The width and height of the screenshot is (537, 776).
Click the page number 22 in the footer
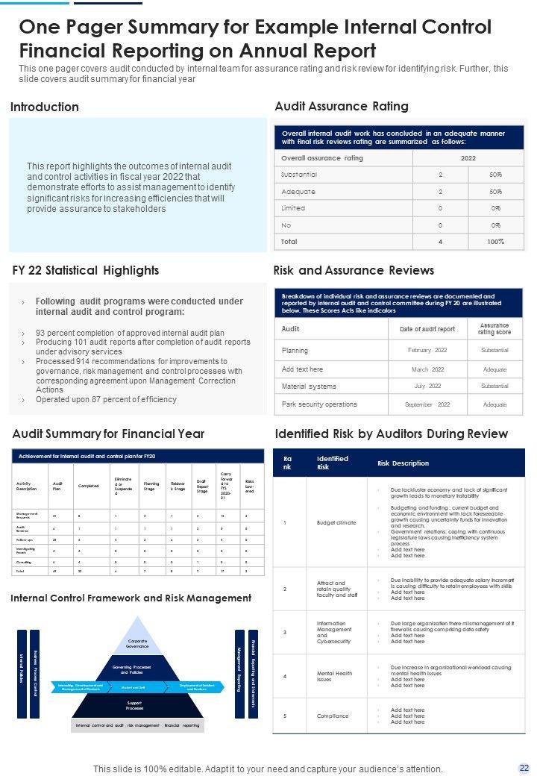(524, 767)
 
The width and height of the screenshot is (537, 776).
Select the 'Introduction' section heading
(45, 107)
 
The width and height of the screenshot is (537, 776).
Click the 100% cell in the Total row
(496, 242)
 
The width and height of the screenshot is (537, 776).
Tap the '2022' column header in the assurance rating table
(468, 158)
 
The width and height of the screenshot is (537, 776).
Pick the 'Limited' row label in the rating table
(293, 208)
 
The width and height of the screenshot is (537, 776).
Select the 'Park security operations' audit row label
(319, 404)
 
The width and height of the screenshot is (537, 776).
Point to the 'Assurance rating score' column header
(494, 329)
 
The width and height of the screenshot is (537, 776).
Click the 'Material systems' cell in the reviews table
(309, 387)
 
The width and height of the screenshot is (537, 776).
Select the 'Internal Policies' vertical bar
(22, 674)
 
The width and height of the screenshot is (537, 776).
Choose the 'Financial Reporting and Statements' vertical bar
(254, 674)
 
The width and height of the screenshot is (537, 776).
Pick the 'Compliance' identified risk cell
(333, 716)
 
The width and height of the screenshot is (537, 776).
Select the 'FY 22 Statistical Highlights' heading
(86, 270)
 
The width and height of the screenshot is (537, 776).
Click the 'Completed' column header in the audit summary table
(88, 486)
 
